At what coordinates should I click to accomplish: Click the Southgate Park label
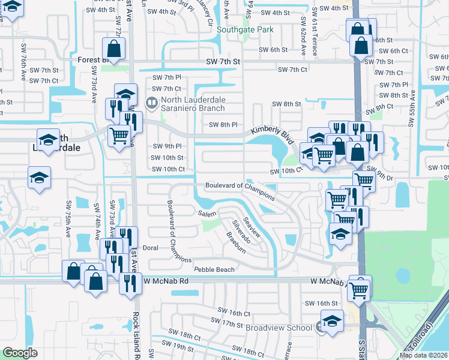(x=245, y=29)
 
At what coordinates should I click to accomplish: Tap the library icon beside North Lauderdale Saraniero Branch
(x=151, y=103)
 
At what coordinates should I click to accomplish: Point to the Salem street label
(x=207, y=214)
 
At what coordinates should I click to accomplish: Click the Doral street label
(x=150, y=247)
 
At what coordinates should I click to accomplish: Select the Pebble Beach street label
(x=214, y=269)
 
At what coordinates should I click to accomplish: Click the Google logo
(x=19, y=353)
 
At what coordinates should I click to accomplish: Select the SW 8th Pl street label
(x=223, y=125)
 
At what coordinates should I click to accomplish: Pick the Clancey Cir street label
(x=210, y=13)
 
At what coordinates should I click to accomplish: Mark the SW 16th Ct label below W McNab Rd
(x=234, y=313)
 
